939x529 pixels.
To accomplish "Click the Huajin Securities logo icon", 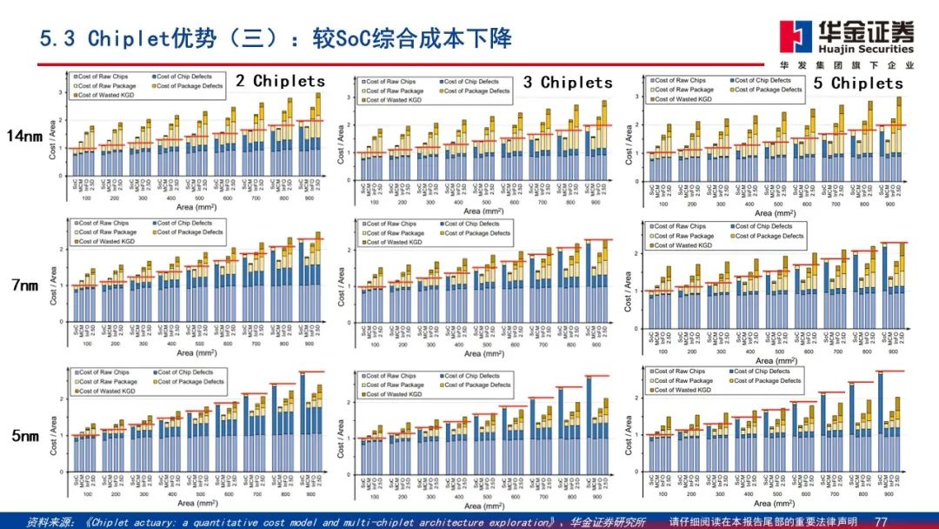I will pyautogui.click(x=794, y=37).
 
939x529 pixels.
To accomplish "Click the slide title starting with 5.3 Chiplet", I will pyautogui.click(x=276, y=39).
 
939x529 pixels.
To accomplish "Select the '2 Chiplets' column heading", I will pyautogui.click(x=280, y=81).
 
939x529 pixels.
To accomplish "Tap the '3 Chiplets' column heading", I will pyautogui.click(x=568, y=83).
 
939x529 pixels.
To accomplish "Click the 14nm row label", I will pyautogui.click(x=23, y=136).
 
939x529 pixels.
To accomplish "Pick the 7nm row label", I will pyautogui.click(x=24, y=285).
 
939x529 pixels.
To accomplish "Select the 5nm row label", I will pyautogui.click(x=24, y=436).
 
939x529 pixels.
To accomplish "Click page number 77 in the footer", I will pyautogui.click(x=880, y=522).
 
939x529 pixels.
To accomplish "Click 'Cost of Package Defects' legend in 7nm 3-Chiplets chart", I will pyautogui.click(x=476, y=233).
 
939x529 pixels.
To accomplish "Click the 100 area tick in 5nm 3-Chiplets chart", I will pyautogui.click(x=375, y=494).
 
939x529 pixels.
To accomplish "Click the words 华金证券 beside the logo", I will pyautogui.click(x=865, y=33).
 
